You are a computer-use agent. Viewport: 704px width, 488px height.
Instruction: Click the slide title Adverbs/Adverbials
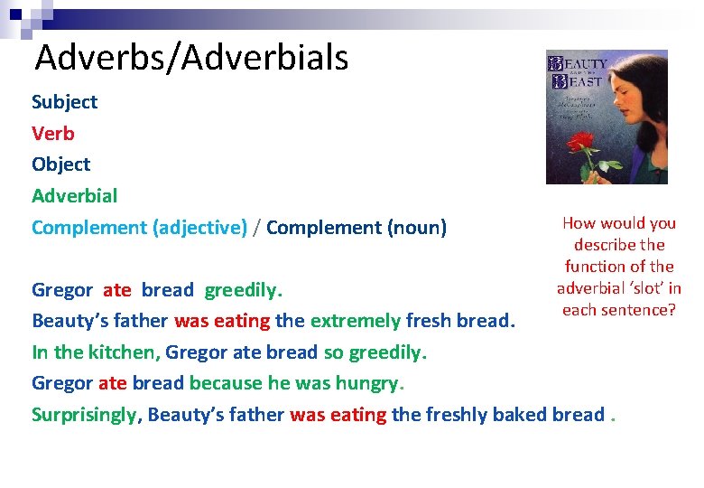191,58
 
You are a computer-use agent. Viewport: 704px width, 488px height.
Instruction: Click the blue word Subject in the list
64,102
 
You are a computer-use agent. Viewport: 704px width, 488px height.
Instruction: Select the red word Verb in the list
53,134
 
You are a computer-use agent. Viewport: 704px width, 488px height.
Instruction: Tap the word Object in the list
61,164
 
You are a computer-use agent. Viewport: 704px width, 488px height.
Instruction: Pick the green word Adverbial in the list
74,196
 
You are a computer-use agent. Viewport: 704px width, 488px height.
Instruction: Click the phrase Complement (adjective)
139,228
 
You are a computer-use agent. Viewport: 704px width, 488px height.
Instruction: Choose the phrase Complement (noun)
357,228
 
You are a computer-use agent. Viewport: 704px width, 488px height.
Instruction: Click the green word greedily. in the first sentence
244,290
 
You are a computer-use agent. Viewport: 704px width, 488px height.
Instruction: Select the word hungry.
370,383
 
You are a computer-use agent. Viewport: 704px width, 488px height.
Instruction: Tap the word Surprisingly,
86,415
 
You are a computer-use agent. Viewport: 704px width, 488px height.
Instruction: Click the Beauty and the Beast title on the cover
578,70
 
